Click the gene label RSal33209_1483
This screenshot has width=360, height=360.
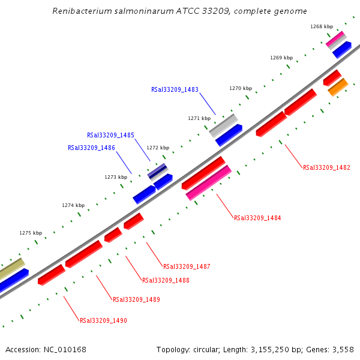tap(175, 89)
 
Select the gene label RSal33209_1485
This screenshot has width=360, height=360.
tap(110, 136)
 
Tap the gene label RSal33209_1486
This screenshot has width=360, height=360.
tap(91, 148)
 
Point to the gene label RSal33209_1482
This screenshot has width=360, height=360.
tap(326, 168)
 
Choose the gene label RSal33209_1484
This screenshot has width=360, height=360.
tap(257, 218)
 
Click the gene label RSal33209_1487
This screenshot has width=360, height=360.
tap(187, 266)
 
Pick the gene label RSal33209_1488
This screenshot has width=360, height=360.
tap(166, 280)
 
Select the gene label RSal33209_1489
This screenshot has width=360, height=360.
tap(136, 299)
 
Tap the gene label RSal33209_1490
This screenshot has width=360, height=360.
tap(103, 320)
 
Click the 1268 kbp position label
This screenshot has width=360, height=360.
tap(321, 26)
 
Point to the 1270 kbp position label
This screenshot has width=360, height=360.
tap(241, 88)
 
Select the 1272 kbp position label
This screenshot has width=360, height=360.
tap(158, 148)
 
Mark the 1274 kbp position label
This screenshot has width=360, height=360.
tap(73, 205)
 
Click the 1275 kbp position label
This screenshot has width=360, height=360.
tap(31, 233)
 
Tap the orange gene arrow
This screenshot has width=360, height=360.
tap(338, 87)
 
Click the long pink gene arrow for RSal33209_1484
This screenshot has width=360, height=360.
tap(209, 182)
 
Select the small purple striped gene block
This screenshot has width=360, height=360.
tap(158, 171)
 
